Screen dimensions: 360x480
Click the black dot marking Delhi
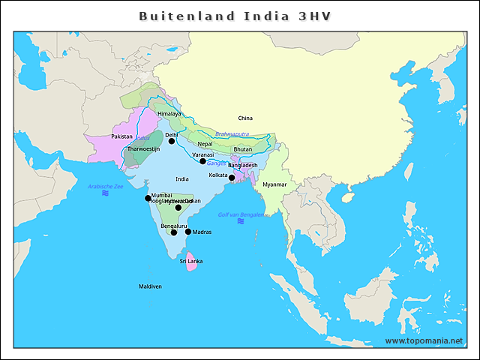coord(171,141)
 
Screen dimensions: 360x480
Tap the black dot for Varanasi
coord(202,161)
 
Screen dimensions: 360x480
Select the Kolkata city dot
coord(232,178)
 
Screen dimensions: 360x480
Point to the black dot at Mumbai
coord(148,199)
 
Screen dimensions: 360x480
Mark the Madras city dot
coord(188,232)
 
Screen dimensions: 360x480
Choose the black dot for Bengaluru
coord(174,232)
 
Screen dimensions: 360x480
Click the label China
coord(245,118)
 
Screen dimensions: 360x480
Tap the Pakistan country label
coord(121,136)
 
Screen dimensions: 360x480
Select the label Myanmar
coord(274,184)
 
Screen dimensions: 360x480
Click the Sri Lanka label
coord(190,261)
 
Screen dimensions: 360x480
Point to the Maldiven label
coord(150,286)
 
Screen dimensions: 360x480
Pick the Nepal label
coord(205,144)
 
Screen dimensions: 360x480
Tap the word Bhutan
coord(243,149)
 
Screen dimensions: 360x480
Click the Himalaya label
coord(169,113)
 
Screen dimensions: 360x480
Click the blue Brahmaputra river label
coord(232,134)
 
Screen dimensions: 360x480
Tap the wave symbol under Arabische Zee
coord(105,193)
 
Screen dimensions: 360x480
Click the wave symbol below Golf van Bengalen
coord(240,221)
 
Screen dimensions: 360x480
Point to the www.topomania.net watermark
coord(424,340)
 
